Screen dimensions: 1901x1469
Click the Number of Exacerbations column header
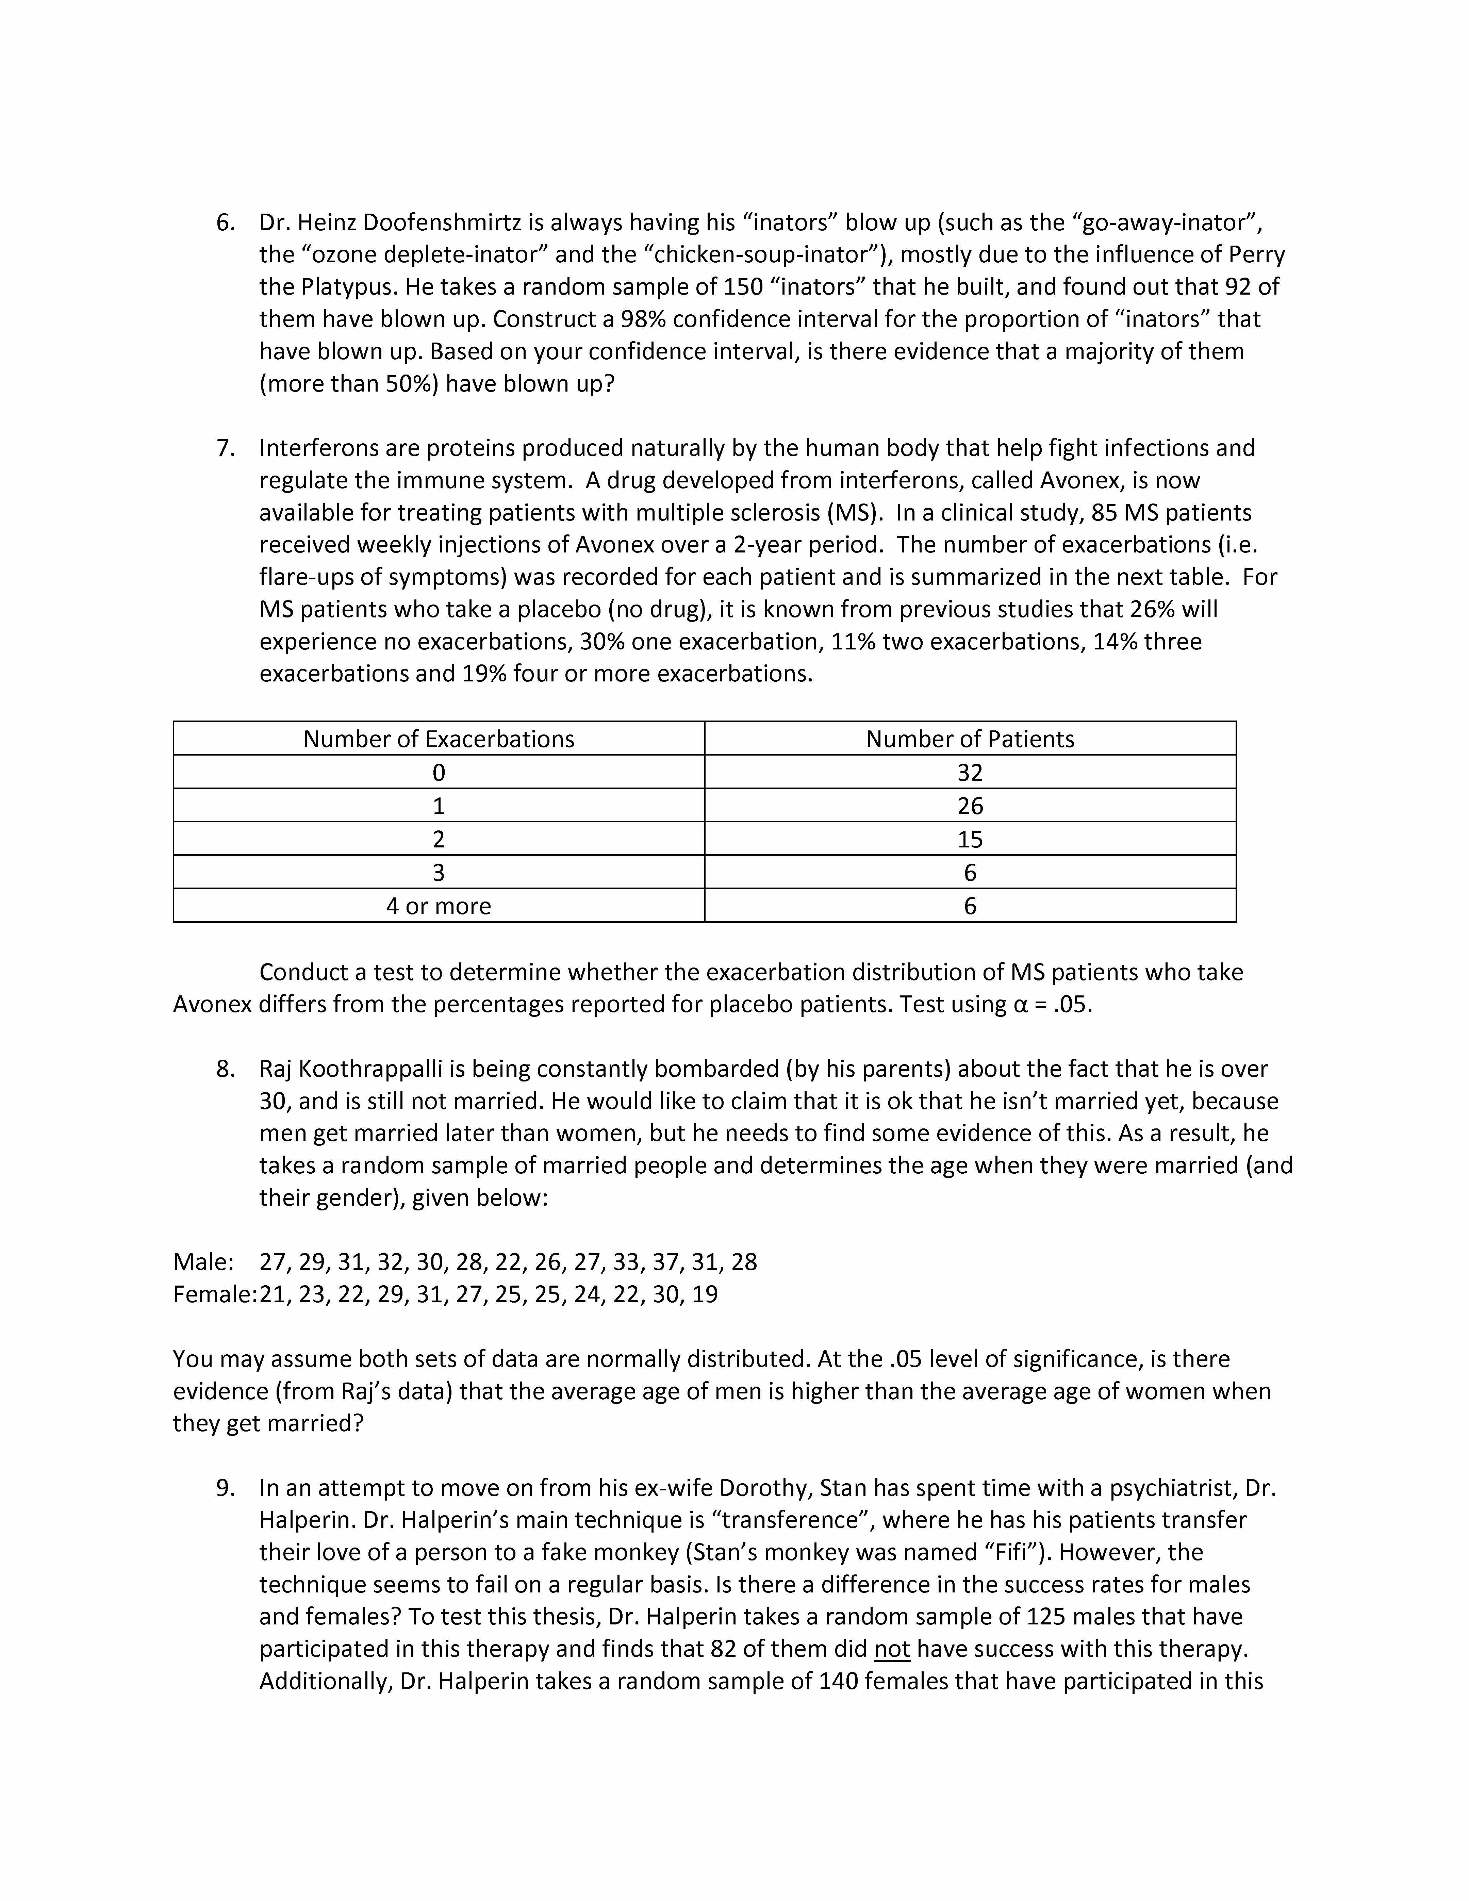point(439,739)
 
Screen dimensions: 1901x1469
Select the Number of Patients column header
point(970,739)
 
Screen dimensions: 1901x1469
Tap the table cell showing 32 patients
point(970,772)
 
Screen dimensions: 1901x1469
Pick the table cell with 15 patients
point(970,839)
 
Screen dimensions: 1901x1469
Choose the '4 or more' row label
point(439,906)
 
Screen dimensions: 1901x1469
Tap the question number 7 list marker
point(226,448)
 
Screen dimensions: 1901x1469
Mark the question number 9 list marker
point(226,1488)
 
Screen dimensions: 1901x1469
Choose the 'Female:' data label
point(214,1294)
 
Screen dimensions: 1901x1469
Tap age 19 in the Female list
point(705,1294)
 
